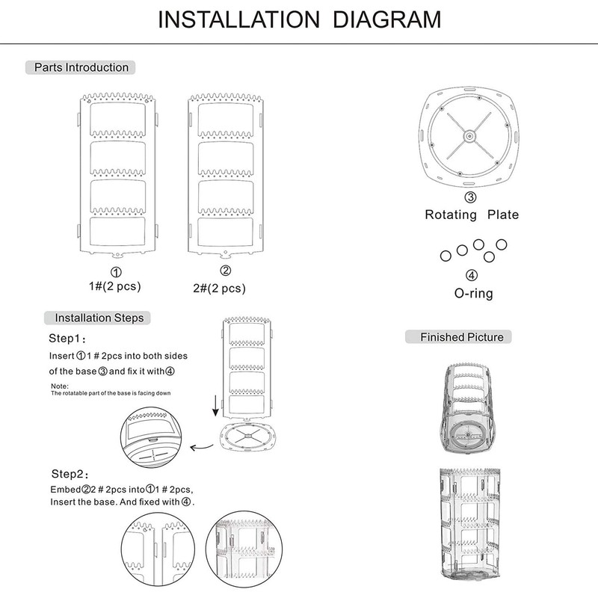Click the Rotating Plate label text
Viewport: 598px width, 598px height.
[471, 215]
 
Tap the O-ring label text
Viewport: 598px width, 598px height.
[472, 293]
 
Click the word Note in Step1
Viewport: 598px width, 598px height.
[59, 386]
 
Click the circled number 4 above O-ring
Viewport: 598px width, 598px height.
[472, 276]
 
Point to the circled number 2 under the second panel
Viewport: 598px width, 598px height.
[225, 271]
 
